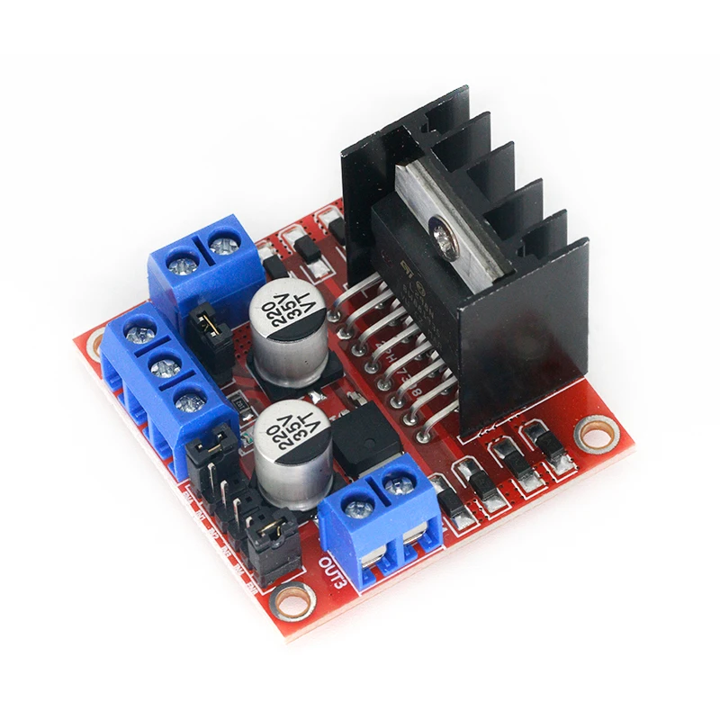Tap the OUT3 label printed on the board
(330, 569)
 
